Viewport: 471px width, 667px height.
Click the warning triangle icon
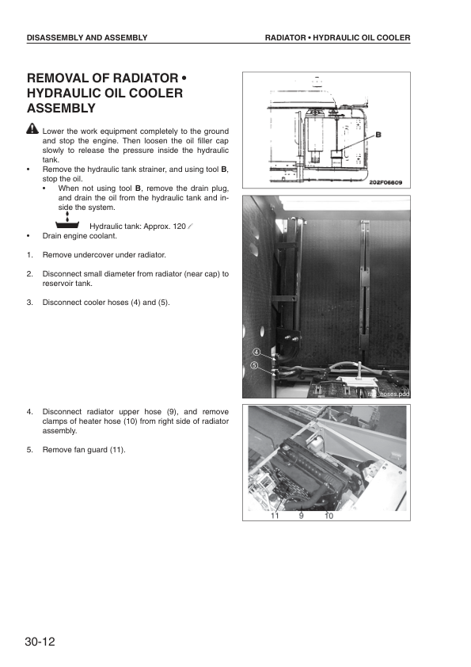coord(32,129)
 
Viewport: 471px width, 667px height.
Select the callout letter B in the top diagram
coord(378,135)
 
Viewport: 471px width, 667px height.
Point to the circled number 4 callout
coord(256,352)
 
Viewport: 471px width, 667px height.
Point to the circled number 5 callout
coord(255,365)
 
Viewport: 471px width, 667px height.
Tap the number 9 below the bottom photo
coord(302,515)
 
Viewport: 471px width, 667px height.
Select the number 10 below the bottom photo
coord(329,515)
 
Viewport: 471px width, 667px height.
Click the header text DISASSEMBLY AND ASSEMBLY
coord(87,38)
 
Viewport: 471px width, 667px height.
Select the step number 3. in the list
coord(30,302)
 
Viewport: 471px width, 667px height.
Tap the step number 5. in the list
coord(30,450)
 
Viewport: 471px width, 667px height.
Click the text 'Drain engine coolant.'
coord(79,235)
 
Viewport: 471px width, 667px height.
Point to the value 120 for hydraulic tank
coord(179,226)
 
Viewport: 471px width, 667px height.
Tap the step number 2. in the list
coord(30,273)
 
